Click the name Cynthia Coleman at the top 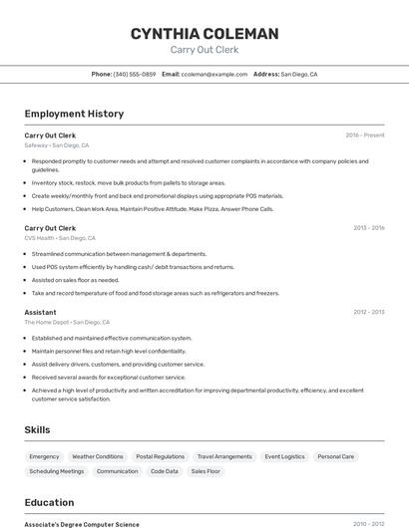204,34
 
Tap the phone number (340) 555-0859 135,75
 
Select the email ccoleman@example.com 214,75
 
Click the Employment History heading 74,114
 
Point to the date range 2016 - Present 365,134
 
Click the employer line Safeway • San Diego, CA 57,145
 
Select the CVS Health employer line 60,238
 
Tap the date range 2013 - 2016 368,228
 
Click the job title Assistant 40,312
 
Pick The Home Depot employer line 67,323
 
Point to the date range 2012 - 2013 368,312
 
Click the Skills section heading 38,429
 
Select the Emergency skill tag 44,456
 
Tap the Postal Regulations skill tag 160,456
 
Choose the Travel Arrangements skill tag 224,456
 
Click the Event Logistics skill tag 284,456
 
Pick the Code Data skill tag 165,471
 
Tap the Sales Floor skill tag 205,471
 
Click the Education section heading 49,503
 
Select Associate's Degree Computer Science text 82,524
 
